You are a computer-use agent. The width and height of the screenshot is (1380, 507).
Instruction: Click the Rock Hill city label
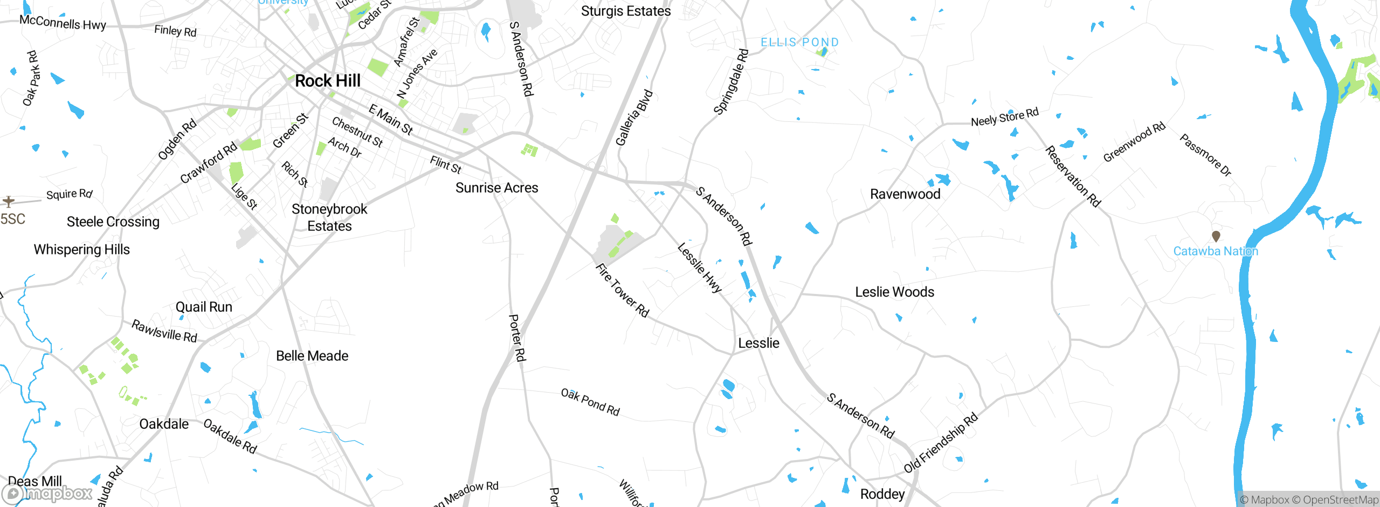[328, 81]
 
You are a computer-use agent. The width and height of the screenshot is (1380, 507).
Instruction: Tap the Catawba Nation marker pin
[1216, 236]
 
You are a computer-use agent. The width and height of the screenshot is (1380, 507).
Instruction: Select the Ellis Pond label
[799, 42]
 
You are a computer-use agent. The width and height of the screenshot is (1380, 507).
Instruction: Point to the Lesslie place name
[758, 343]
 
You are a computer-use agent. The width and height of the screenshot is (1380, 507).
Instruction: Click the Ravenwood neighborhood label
[905, 194]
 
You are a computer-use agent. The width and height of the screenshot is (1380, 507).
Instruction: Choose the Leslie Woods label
[894, 292]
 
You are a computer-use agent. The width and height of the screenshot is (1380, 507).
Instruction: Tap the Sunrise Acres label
[496, 188]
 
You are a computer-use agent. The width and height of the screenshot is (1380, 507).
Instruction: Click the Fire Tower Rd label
[622, 290]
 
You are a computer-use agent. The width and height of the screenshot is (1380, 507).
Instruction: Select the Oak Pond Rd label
[590, 402]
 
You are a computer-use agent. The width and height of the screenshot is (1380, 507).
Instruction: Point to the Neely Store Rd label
[1004, 117]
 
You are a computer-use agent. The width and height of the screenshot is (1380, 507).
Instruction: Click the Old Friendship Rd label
[940, 443]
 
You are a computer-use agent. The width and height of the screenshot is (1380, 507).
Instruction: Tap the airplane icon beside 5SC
[8, 202]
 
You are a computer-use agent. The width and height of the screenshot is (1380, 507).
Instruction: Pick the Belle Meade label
[312, 356]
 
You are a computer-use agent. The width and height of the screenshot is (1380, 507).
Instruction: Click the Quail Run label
[204, 307]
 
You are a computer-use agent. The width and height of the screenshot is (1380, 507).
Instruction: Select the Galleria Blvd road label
[634, 118]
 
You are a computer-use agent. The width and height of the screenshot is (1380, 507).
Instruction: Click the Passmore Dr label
[1205, 155]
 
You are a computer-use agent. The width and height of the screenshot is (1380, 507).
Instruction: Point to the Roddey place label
[882, 494]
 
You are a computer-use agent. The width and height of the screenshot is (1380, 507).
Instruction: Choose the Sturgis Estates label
[626, 11]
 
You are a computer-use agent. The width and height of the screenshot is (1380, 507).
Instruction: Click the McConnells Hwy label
[63, 23]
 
